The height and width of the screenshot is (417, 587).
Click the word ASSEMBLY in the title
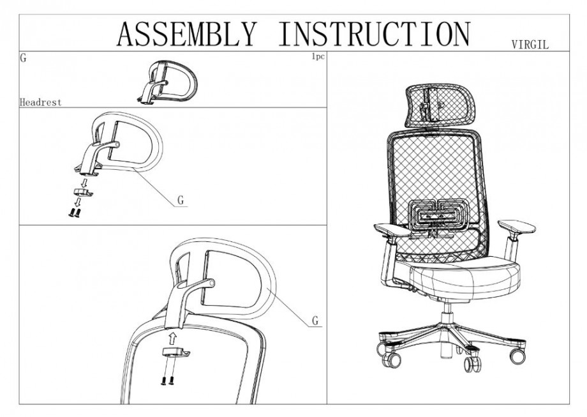click(187, 34)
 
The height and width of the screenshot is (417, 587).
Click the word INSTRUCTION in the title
click(374, 34)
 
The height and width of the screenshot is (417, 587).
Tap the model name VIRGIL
click(530, 45)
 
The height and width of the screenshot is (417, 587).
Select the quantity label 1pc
click(318, 57)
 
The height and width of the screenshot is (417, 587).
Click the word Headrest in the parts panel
click(40, 102)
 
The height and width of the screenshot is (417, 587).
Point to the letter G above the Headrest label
click(23, 59)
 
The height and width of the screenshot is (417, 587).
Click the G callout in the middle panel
click(181, 201)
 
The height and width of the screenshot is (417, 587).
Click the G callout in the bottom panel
click(316, 321)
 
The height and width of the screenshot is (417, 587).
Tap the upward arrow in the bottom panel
click(172, 338)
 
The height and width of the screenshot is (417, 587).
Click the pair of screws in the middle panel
click(75, 213)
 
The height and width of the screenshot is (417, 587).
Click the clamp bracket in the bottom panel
click(175, 352)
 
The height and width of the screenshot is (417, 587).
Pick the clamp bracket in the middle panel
click(82, 192)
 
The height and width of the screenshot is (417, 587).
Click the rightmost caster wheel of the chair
click(517, 356)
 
